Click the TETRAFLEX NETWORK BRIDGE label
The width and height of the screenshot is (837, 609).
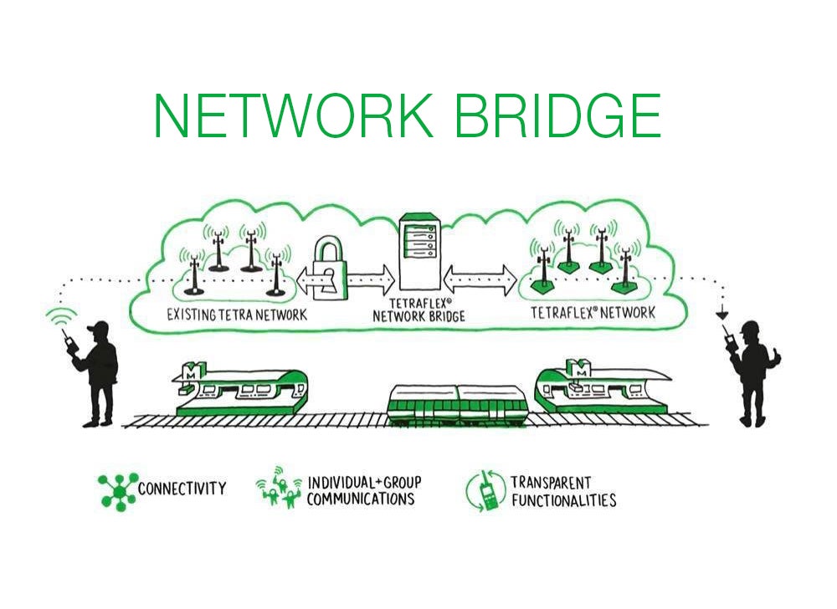click(x=418, y=311)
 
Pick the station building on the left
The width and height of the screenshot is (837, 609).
click(x=239, y=388)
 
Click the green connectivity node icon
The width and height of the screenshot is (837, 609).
click(x=116, y=490)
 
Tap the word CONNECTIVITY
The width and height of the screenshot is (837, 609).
click(x=182, y=489)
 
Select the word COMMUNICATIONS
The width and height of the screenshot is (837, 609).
click(x=361, y=499)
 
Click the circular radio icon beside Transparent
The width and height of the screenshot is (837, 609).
click(x=485, y=492)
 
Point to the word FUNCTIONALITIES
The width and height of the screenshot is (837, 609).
click(x=563, y=501)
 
